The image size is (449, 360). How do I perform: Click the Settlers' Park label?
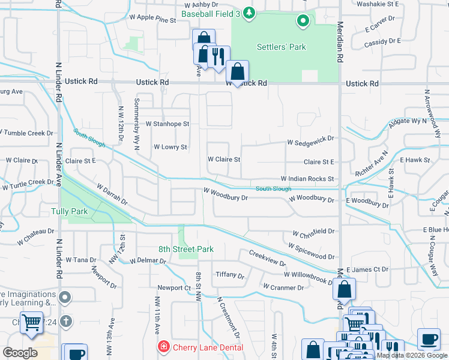click(281, 47)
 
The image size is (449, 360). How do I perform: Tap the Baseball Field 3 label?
click(211, 13)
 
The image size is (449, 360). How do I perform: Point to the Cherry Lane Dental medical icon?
click(163, 347)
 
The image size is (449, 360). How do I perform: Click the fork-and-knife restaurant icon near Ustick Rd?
click(218, 56)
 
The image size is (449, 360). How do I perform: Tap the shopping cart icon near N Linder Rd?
click(31, 322)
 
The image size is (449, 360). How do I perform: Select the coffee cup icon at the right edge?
click(428, 339)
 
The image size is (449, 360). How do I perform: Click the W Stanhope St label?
click(167, 124)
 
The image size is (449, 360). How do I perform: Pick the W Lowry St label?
click(170, 147)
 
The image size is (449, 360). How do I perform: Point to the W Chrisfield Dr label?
click(313, 232)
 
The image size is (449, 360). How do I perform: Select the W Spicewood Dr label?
click(310, 247)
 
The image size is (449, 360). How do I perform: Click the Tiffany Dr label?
click(230, 276)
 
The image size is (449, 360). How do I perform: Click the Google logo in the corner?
click(20, 352)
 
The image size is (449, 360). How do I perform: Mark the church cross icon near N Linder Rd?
click(66, 322)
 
